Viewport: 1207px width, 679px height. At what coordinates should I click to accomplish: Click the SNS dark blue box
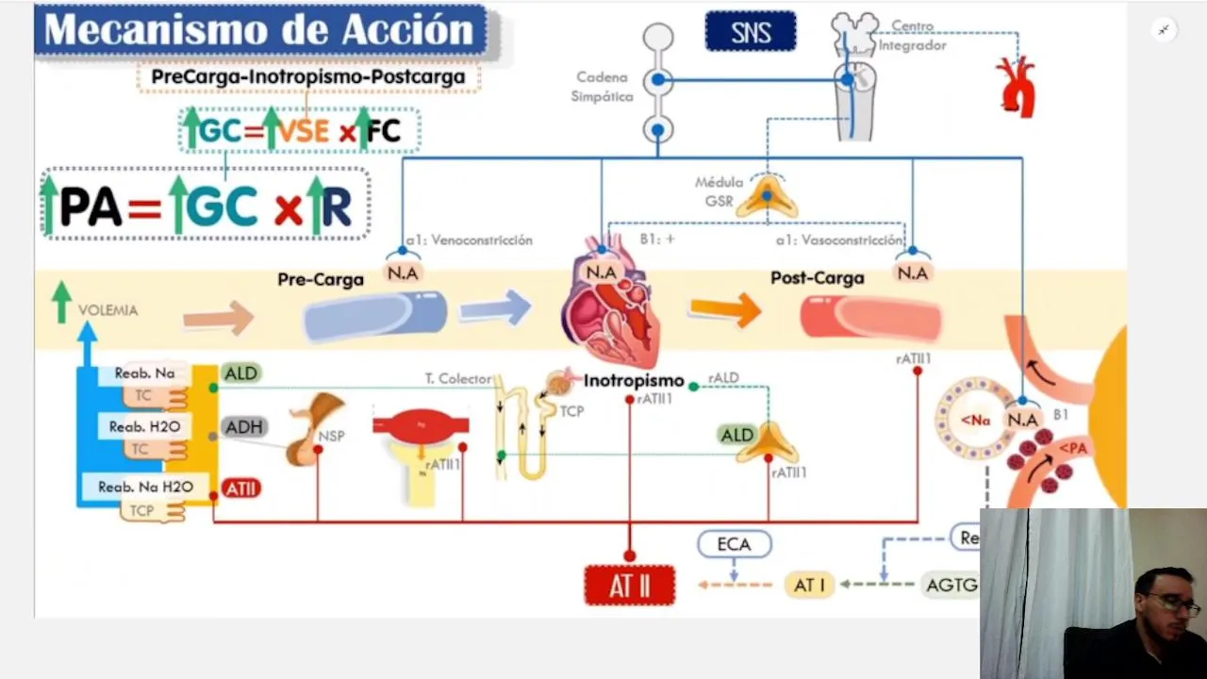(751, 32)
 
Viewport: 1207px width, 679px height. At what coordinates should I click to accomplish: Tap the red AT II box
(630, 586)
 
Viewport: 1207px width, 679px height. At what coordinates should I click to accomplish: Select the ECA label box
(734, 544)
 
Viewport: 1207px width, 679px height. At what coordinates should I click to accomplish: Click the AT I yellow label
(809, 585)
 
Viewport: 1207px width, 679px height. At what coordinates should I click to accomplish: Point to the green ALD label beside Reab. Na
(240, 373)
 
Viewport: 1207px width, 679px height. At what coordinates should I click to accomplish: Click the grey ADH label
(243, 427)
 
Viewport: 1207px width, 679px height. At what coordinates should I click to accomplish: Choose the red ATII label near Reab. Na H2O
(241, 489)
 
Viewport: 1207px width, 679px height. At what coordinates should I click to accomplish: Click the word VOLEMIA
(107, 310)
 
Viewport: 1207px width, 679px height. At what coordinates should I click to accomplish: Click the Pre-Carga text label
(321, 279)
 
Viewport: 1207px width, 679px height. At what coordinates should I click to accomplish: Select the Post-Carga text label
(818, 278)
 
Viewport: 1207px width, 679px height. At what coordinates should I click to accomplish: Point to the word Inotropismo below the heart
(634, 381)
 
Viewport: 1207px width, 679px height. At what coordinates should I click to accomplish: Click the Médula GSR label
(719, 191)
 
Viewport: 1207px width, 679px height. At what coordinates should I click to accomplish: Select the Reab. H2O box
(144, 426)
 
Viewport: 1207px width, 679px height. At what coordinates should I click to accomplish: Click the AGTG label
(951, 585)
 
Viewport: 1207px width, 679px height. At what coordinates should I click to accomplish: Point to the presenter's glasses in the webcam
(1173, 604)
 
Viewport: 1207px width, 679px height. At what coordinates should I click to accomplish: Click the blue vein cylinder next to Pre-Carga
(375, 316)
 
